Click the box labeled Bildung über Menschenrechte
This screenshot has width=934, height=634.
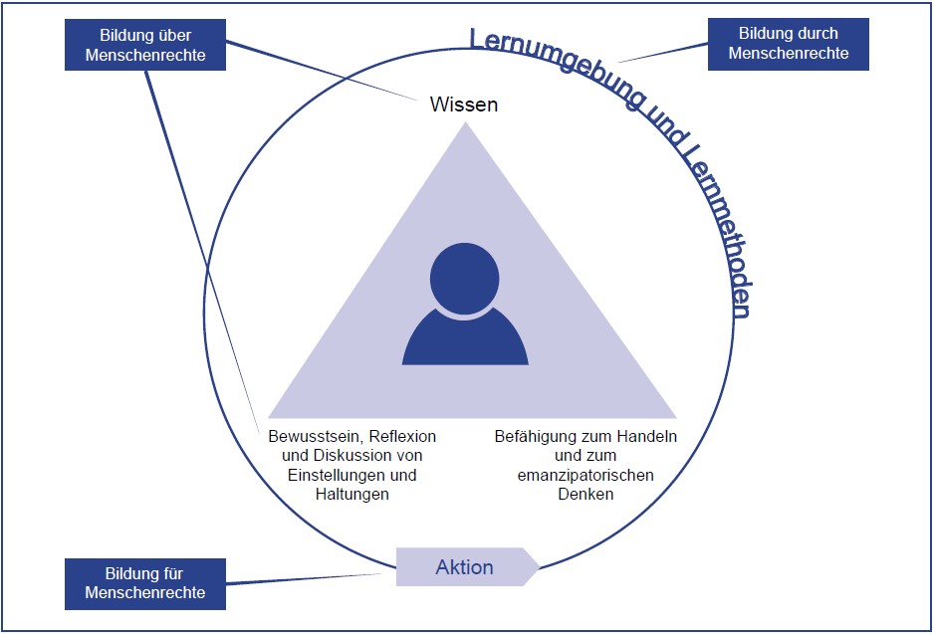click(145, 45)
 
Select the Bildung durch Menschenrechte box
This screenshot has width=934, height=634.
click(788, 45)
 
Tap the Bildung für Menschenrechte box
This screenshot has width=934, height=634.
click(145, 583)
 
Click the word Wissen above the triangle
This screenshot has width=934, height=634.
click(463, 105)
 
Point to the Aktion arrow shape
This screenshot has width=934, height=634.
click(466, 567)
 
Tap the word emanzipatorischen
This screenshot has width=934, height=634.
click(585, 475)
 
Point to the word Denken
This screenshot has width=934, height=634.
click(586, 494)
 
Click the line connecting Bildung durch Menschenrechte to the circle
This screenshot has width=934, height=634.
click(661, 53)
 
